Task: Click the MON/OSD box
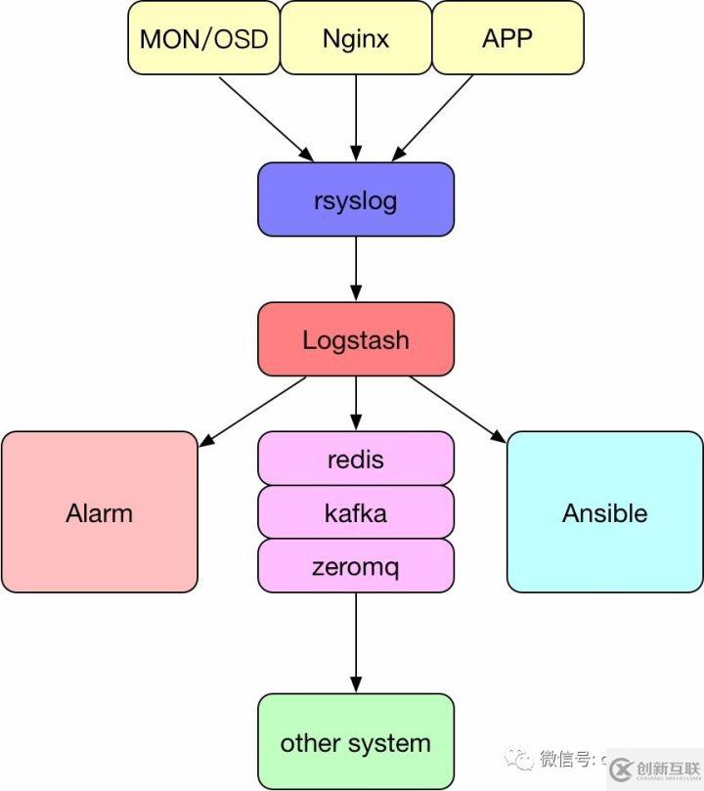click(203, 38)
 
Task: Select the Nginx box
click(356, 38)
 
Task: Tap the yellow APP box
click(507, 38)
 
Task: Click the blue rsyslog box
click(356, 199)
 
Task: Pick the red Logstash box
click(356, 339)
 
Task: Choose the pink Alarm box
click(100, 512)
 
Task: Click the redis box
click(356, 459)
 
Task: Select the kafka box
click(356, 512)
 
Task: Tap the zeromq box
click(356, 566)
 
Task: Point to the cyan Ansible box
click(605, 512)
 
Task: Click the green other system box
click(356, 742)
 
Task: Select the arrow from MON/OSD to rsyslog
click(265, 118)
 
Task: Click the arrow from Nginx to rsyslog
click(356, 118)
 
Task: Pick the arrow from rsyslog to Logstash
click(356, 269)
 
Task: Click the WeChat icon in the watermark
click(517, 759)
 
